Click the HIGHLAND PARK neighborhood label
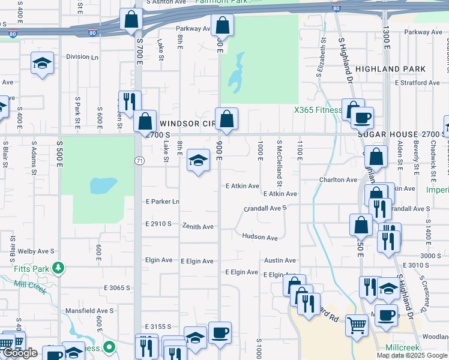tap(398, 69)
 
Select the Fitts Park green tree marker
tap(58, 266)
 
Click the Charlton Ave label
tap(338, 179)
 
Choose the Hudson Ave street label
tap(260, 237)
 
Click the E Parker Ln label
tap(162, 202)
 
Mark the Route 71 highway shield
tap(139, 161)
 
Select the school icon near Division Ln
tap(42, 62)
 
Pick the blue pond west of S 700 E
tap(103, 185)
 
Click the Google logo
tap(20, 353)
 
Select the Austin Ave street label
tap(280, 260)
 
